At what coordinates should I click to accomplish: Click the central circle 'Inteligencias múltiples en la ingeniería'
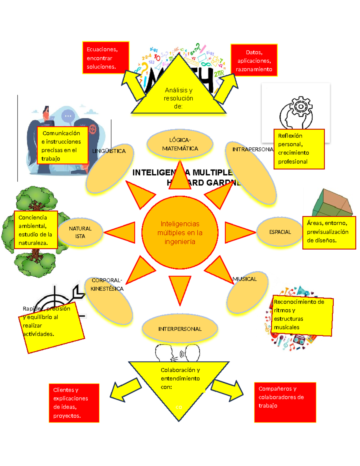tap(180, 233)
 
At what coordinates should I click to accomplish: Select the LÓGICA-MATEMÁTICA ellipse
tap(180, 144)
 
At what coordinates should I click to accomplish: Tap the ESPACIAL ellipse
tap(280, 232)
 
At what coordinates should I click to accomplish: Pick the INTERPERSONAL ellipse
tap(180, 329)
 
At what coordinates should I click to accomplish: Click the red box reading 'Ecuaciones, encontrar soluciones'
tap(106, 58)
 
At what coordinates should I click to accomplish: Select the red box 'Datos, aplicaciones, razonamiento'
tap(254, 60)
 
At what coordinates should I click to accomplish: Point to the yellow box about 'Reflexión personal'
tap(299, 149)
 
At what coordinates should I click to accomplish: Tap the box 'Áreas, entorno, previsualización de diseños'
tap(329, 232)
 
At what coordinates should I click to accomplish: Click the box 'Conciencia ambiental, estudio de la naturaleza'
tap(36, 230)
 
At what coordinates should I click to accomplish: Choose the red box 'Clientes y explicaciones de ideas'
tap(74, 403)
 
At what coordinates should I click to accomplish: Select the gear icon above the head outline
tap(300, 106)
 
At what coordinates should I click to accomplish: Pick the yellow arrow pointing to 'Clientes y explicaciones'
tap(124, 389)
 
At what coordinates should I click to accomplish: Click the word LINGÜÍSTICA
tap(109, 151)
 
